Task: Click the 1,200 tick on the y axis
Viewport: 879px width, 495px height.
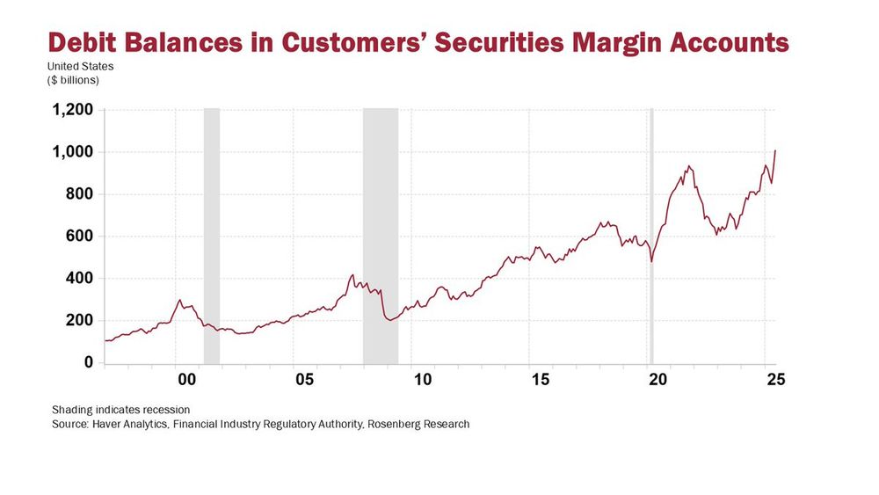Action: click(x=73, y=111)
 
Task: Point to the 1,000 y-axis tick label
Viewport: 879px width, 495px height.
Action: click(x=73, y=153)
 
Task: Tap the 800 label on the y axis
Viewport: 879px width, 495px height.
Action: click(x=78, y=194)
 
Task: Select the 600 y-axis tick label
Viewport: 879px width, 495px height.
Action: click(x=78, y=237)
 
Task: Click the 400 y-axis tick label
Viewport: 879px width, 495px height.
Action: click(x=78, y=279)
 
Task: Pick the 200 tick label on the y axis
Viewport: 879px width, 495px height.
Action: click(x=78, y=321)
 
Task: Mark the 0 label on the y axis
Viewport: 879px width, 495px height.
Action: click(x=88, y=362)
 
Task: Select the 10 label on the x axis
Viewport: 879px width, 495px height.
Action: click(x=423, y=380)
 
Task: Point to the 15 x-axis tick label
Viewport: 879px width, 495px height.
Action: click(x=540, y=380)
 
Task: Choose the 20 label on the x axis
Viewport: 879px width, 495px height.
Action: click(x=657, y=380)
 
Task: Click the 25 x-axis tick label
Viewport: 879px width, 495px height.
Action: click(x=775, y=380)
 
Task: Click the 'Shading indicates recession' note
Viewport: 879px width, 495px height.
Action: click(x=120, y=410)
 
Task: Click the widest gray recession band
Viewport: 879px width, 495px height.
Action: click(x=381, y=236)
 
